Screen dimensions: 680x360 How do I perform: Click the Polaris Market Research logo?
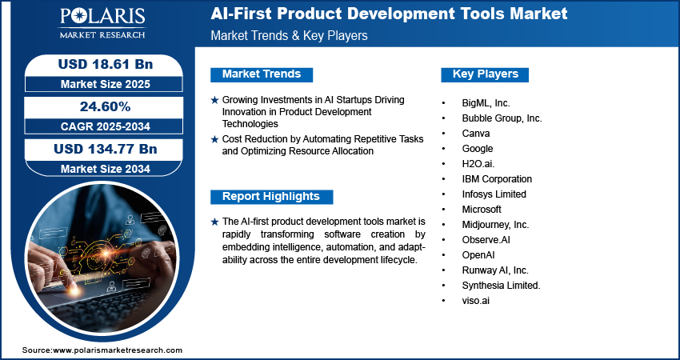pyautogui.click(x=102, y=22)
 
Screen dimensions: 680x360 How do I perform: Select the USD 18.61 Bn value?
pyautogui.click(x=106, y=64)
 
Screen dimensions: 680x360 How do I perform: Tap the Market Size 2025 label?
pyautogui.click(x=106, y=84)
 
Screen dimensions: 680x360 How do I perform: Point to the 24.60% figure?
pyautogui.click(x=106, y=106)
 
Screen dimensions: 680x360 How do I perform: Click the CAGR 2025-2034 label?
pyautogui.click(x=106, y=126)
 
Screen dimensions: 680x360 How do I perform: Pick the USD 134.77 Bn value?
pyautogui.click(x=106, y=150)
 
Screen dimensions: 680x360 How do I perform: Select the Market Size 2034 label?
pyautogui.click(x=106, y=169)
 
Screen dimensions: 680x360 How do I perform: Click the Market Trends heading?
pyautogui.click(x=262, y=74)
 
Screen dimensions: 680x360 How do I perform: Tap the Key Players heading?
pyautogui.click(x=486, y=74)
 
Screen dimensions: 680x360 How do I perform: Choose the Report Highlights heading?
pyautogui.click(x=271, y=197)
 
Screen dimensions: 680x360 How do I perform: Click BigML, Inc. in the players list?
pyautogui.click(x=486, y=103)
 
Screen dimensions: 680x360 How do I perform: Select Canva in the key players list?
pyautogui.click(x=476, y=134)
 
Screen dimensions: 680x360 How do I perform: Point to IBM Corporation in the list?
pyautogui.click(x=497, y=179)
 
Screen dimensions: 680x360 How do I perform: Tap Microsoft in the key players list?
pyautogui.click(x=482, y=210)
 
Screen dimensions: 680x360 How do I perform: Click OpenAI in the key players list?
pyautogui.click(x=478, y=255)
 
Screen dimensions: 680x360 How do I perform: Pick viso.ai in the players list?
pyautogui.click(x=476, y=301)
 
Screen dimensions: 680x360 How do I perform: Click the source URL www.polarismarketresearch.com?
pyautogui.click(x=118, y=350)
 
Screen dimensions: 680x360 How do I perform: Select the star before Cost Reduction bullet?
pyautogui.click(x=214, y=140)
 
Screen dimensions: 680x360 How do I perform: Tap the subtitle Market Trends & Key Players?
pyautogui.click(x=290, y=35)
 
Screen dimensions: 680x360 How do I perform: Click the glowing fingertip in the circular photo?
pyautogui.click(x=73, y=288)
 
